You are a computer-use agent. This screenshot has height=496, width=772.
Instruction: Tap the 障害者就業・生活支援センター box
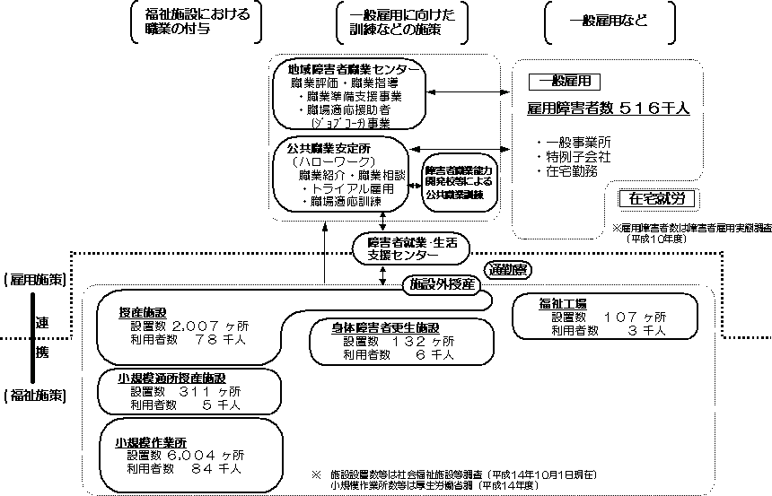411,248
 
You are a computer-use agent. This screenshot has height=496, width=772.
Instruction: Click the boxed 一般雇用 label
564,81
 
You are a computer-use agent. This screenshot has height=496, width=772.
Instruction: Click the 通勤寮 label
507,268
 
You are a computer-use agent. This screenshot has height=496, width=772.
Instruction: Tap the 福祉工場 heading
564,303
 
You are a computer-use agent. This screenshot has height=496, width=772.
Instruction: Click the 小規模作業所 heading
150,442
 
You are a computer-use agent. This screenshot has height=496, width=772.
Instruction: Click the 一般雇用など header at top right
609,22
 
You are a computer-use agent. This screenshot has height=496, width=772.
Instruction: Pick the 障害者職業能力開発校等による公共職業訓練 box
458,180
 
